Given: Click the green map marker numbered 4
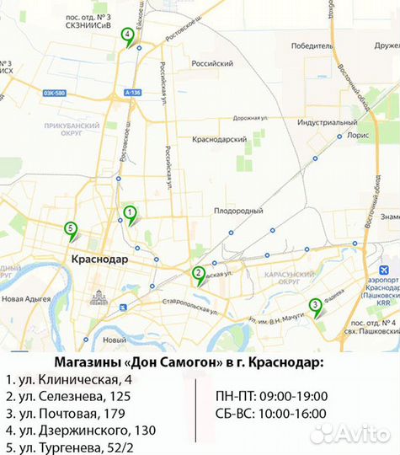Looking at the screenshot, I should (127, 35).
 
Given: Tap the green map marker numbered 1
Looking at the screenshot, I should (130, 213).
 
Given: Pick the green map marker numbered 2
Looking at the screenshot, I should (198, 273).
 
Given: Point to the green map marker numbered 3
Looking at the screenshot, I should (315, 306).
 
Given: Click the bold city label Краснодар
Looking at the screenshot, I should (100, 260).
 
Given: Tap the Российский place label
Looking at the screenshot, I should (212, 63).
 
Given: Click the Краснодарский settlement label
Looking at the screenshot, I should (219, 139).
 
